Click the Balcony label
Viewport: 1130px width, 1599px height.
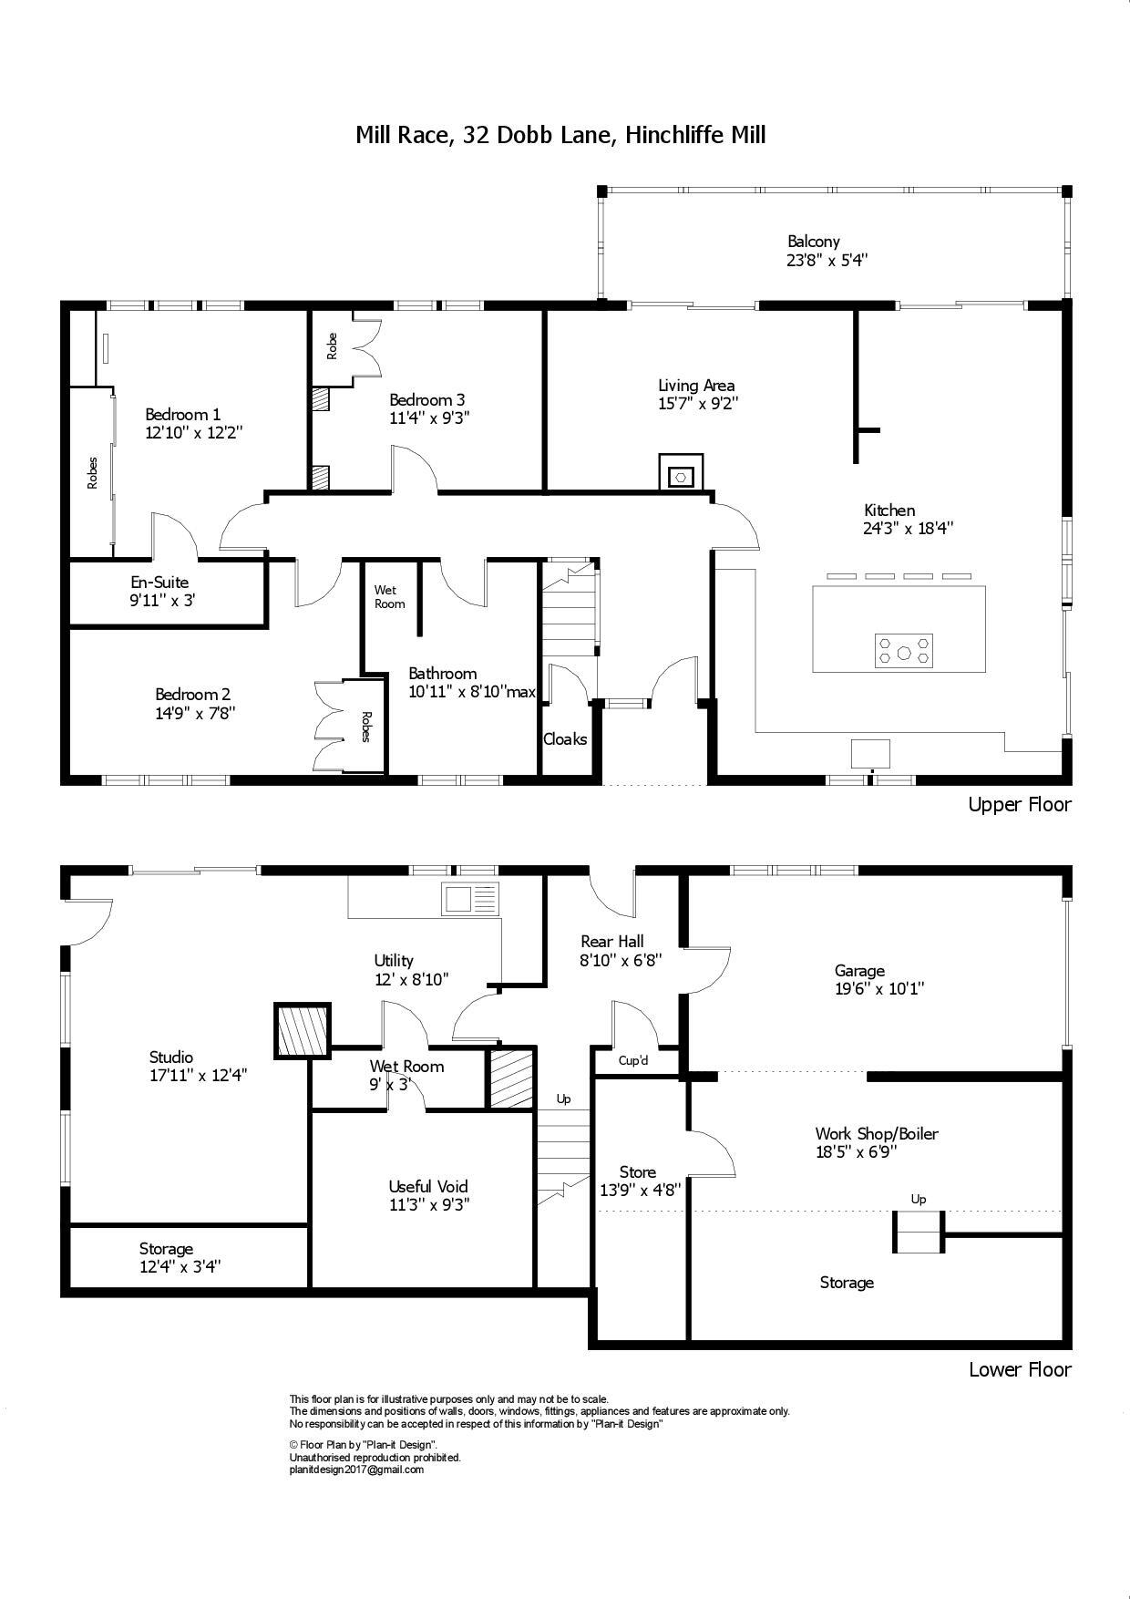pos(813,242)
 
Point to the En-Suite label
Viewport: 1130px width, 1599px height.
pos(159,582)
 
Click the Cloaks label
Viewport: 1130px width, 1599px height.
pos(565,739)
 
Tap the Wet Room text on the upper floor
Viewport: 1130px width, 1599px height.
pos(389,597)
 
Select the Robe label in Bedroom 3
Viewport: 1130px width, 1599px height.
pos(332,346)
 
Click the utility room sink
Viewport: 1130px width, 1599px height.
pos(470,899)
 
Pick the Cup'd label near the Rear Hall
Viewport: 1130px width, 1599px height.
pos(633,1060)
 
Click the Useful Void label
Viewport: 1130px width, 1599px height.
pos(428,1186)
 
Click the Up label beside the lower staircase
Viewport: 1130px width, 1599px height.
pos(563,1099)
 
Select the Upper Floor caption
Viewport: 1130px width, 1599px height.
pos(1019,804)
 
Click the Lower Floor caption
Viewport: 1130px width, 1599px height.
pos(1019,1369)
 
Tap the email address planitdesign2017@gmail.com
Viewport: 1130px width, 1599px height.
pos(356,1470)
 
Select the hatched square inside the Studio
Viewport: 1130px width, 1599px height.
pos(303,1030)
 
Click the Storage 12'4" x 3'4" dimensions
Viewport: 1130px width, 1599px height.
pos(180,1266)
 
